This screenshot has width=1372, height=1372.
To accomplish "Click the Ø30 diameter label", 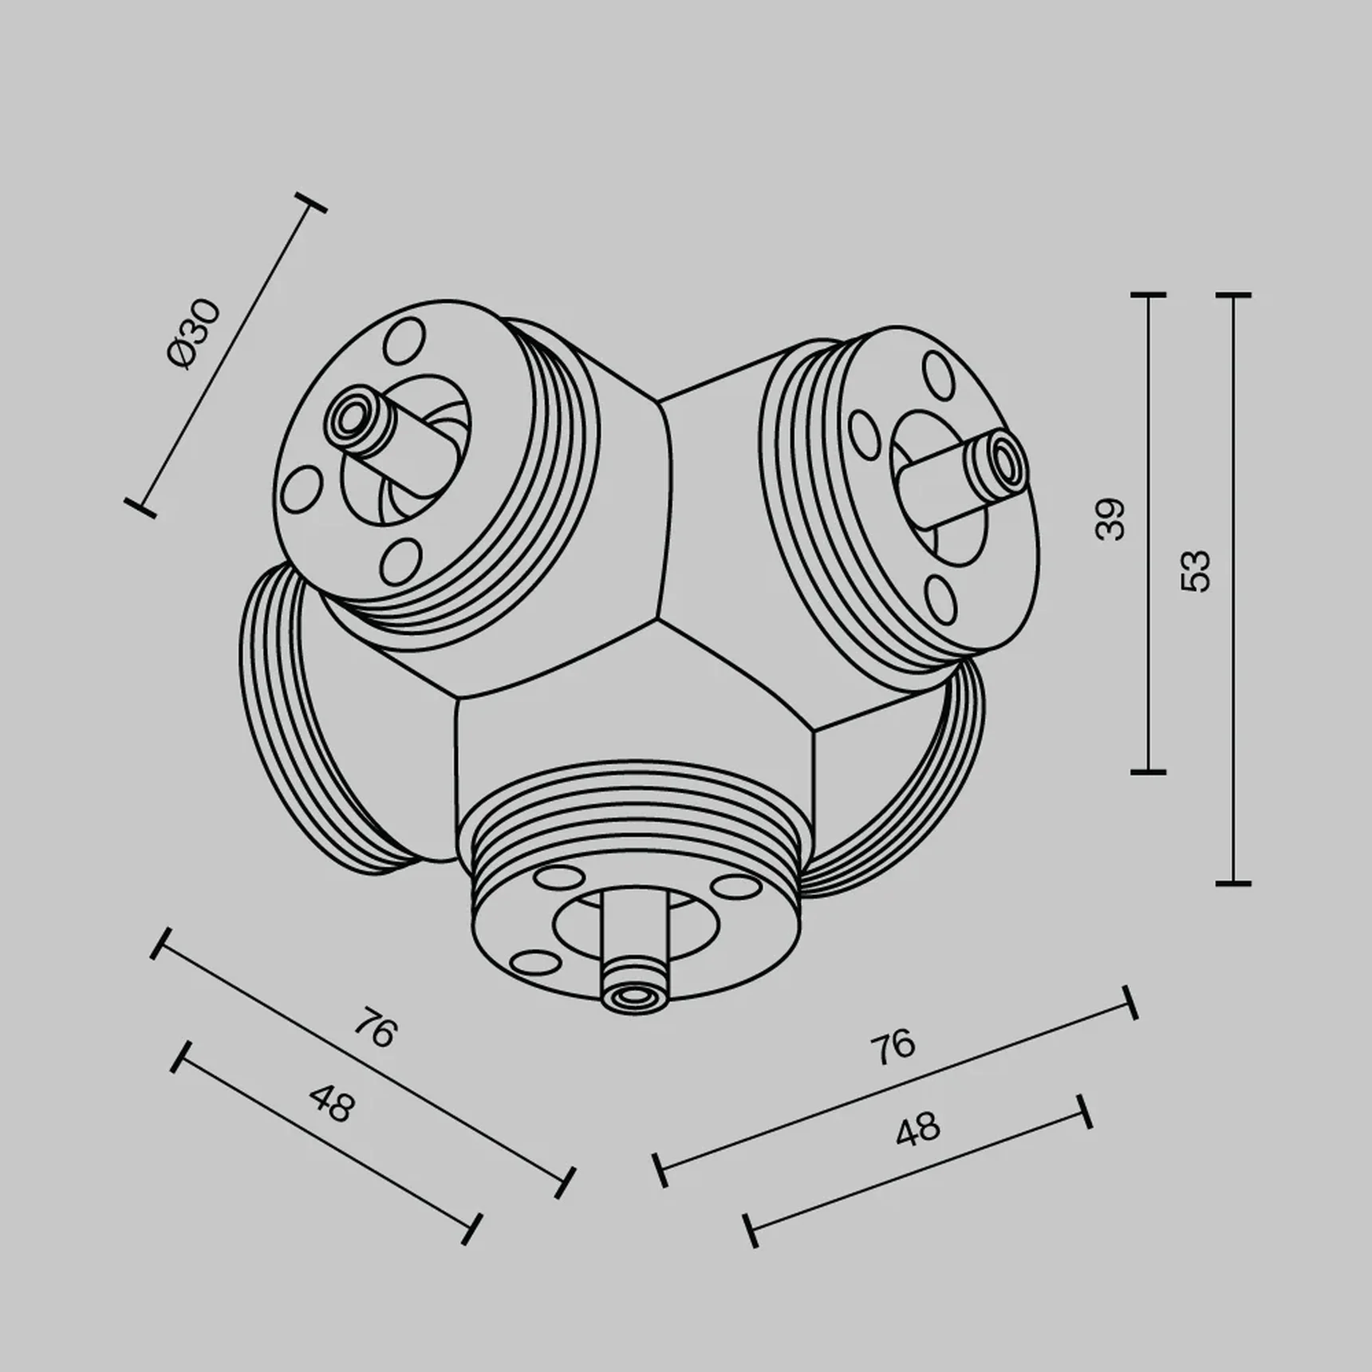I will (194, 334).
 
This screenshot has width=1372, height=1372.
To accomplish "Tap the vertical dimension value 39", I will (1110, 519).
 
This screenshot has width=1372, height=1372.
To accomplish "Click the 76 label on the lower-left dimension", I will (374, 1029).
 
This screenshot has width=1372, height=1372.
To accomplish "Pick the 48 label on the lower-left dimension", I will (331, 1103).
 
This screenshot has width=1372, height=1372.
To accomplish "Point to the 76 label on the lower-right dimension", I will (893, 1047).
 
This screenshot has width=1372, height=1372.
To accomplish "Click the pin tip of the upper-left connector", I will (349, 415).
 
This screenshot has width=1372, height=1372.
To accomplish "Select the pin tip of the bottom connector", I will (634, 996).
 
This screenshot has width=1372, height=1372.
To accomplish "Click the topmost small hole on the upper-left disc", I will (404, 341).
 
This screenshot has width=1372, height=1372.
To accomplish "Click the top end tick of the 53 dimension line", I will (1233, 296).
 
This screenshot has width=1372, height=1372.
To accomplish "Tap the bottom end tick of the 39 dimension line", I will (1149, 772).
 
